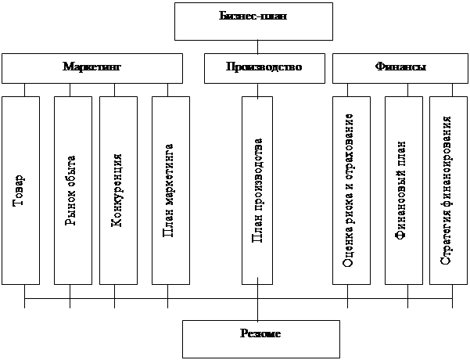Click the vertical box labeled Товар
[20, 190]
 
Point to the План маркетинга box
[170, 190]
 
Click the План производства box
[257, 190]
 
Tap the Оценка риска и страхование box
[350, 190]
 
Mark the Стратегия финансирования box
[447, 190]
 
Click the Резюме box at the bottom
[261, 337]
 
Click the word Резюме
[261, 334]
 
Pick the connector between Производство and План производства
[257, 89]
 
